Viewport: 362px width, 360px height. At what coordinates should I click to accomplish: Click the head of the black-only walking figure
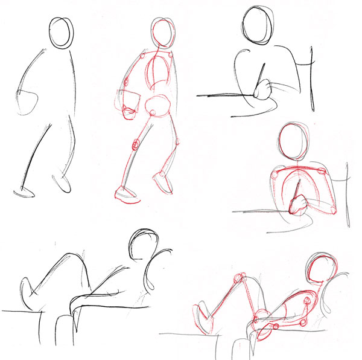coord(61,34)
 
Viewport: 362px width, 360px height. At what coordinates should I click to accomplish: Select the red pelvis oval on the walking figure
coord(159,107)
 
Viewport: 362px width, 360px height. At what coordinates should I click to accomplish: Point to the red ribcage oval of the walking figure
coord(158,72)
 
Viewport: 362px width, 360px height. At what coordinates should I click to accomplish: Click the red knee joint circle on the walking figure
coord(136,145)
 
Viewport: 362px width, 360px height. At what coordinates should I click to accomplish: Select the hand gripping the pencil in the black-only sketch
coord(262,91)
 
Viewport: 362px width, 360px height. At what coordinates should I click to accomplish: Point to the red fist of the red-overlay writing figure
coord(297,207)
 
